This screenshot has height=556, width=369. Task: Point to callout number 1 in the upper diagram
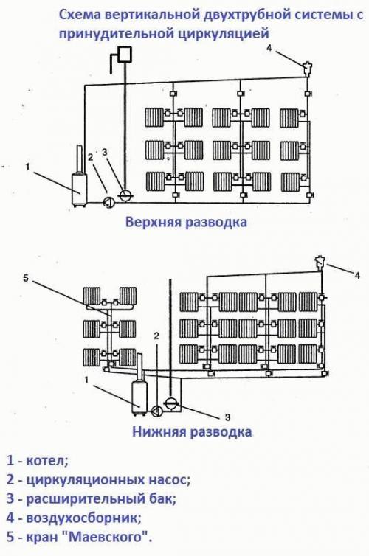tap(27, 167)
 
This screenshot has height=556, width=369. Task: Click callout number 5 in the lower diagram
tap(25, 278)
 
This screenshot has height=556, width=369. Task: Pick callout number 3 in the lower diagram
tap(228, 417)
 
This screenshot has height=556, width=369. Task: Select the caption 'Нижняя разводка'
tap(192, 431)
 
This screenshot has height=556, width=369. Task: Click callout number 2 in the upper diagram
tap(90, 156)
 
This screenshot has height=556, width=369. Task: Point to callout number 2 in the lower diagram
tap(156, 336)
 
